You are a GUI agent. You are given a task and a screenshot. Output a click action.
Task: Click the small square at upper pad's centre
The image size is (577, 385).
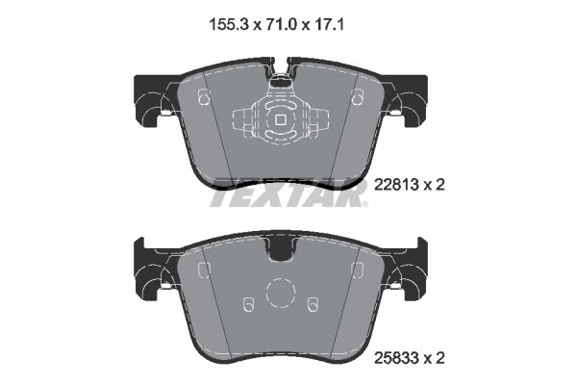(x=279, y=121)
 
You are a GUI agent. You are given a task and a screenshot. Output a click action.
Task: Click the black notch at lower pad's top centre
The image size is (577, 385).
(x=281, y=249)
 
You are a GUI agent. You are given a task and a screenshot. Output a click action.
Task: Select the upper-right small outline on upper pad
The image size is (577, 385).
(x=357, y=96)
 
